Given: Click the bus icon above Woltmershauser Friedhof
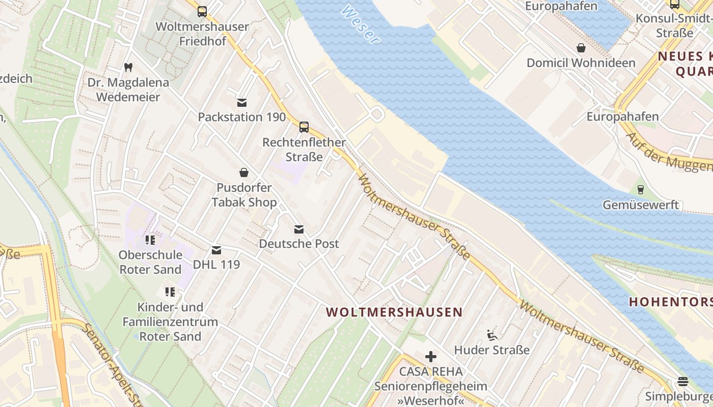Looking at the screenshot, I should pyautogui.click(x=202, y=11).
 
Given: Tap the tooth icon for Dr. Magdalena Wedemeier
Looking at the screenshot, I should pyautogui.click(x=128, y=67).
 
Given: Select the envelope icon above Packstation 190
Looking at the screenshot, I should pyautogui.click(x=242, y=102).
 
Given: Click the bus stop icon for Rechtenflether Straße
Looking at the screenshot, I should pyautogui.click(x=304, y=127).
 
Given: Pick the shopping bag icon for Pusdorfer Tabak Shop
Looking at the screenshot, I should pyautogui.click(x=244, y=172).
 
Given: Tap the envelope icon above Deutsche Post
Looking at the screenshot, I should pyautogui.click(x=299, y=229).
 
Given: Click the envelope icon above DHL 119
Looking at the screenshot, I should pyautogui.click(x=216, y=250).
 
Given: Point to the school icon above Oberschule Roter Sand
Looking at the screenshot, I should pyautogui.click(x=150, y=240).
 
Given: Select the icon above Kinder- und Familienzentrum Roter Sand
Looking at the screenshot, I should pyautogui.click(x=170, y=292).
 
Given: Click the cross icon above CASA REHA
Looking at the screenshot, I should pyautogui.click(x=431, y=356).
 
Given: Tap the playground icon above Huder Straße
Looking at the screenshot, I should pyautogui.click(x=492, y=335).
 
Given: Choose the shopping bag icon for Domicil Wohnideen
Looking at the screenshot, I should pyautogui.click(x=581, y=48).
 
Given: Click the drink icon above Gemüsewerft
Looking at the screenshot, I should pyautogui.click(x=640, y=190).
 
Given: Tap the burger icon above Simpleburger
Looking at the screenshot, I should pyautogui.click(x=683, y=382).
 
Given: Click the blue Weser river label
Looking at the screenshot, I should pyautogui.click(x=361, y=24).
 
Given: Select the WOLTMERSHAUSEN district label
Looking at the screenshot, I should pyautogui.click(x=394, y=312).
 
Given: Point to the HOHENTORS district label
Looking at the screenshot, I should pyautogui.click(x=670, y=301).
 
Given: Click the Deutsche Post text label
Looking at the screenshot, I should pyautogui.click(x=299, y=244).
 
